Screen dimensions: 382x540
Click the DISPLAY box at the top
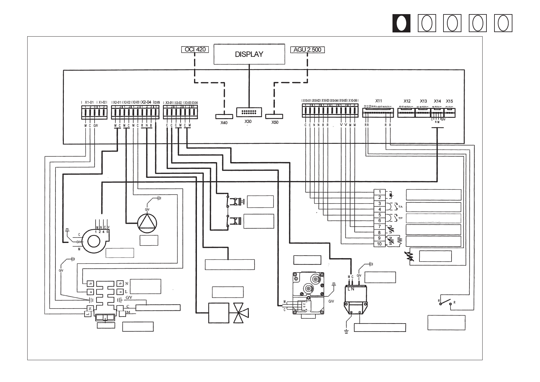point(249,54)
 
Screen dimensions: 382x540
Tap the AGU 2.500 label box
point(307,49)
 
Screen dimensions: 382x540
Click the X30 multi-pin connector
point(249,112)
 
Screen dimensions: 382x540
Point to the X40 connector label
point(224,123)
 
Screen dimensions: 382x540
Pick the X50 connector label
point(275,123)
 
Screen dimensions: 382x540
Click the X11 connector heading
point(379,101)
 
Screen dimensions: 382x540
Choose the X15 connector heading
point(449,101)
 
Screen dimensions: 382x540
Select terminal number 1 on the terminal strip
point(380,192)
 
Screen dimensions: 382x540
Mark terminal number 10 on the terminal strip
point(380,244)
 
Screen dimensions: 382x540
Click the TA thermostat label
point(400,207)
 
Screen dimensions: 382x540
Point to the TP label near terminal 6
point(400,218)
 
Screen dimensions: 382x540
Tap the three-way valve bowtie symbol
point(241,313)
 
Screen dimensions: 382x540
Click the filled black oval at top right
point(401,23)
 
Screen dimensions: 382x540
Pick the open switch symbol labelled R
point(446,303)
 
